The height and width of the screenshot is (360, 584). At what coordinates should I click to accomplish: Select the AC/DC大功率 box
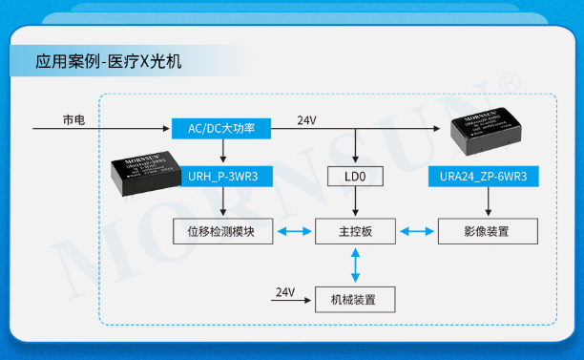(222, 128)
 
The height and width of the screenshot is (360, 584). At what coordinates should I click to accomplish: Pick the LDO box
(355, 177)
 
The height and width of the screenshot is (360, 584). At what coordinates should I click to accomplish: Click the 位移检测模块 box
(222, 231)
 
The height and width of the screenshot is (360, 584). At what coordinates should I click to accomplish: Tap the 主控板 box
(355, 231)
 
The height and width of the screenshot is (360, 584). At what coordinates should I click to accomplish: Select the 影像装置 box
(487, 231)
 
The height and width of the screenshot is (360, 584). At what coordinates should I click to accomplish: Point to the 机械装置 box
(355, 299)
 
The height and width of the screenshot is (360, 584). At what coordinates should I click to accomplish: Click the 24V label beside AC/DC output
(306, 120)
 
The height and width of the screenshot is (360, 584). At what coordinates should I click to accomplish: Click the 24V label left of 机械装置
(285, 291)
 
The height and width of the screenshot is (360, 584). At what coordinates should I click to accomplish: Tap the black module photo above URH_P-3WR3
(148, 171)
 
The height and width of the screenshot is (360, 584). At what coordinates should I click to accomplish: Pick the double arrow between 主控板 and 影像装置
(416, 231)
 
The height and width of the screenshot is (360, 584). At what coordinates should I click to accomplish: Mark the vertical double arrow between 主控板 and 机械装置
(355, 265)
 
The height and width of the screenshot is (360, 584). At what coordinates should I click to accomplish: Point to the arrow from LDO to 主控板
(355, 202)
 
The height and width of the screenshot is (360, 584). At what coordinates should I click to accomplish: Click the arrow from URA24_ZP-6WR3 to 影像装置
(490, 202)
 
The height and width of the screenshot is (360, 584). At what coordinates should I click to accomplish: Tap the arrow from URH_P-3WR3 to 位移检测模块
(222, 202)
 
